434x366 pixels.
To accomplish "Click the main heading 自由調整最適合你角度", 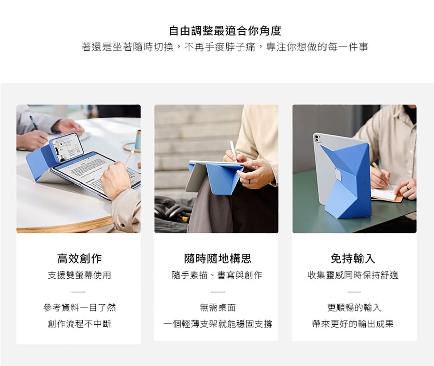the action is click(225, 31).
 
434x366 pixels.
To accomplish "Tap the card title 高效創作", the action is click(79, 258).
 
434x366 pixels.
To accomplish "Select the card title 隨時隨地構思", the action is click(218, 258).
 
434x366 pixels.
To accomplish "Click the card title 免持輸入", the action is click(353, 258).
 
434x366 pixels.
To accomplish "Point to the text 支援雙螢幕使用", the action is click(79, 275).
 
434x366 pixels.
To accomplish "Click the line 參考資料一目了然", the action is click(79, 307).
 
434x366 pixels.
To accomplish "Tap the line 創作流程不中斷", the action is click(79, 324).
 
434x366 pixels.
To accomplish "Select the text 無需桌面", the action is click(218, 307).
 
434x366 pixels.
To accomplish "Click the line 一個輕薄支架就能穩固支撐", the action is click(218, 324).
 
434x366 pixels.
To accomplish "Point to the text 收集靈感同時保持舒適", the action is click(353, 275).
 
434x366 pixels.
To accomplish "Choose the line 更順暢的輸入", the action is click(354, 307).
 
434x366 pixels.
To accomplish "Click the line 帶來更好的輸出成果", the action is click(353, 324).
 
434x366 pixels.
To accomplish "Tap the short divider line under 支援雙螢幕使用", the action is click(78, 292).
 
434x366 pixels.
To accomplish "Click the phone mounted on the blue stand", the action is click(67, 147).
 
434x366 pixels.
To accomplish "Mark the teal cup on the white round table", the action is click(138, 140).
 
